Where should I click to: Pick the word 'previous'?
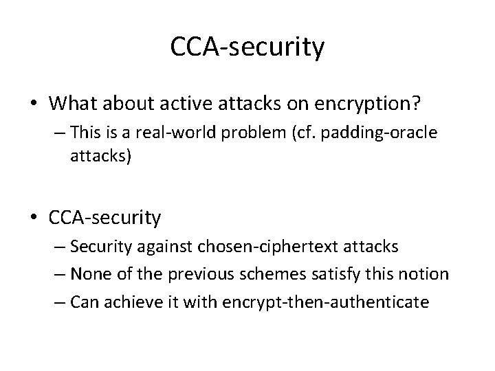(x=195, y=275)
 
